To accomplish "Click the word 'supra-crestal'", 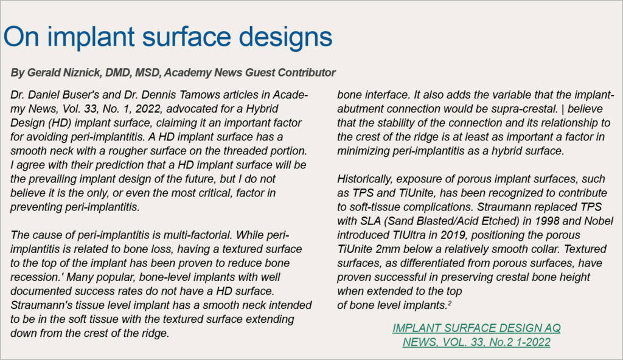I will tap(529, 109).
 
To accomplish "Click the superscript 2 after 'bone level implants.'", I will tap(450, 302).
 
